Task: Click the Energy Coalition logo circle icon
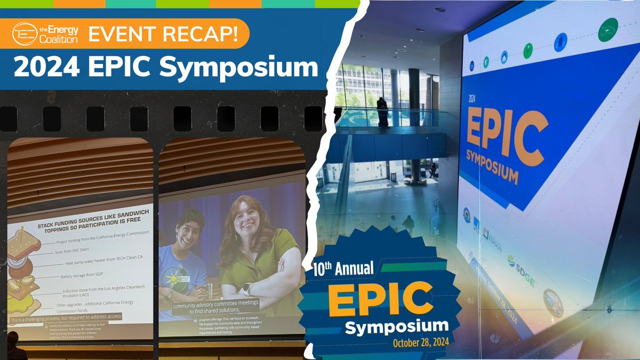[25, 34]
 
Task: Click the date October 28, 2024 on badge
[421, 341]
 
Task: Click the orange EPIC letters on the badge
[380, 299]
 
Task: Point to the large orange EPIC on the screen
[506, 130]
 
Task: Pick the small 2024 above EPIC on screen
[472, 99]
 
